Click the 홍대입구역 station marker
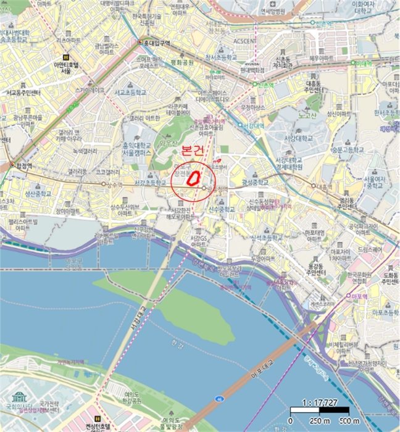coord(140,43)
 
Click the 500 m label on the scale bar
coord(350,421)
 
